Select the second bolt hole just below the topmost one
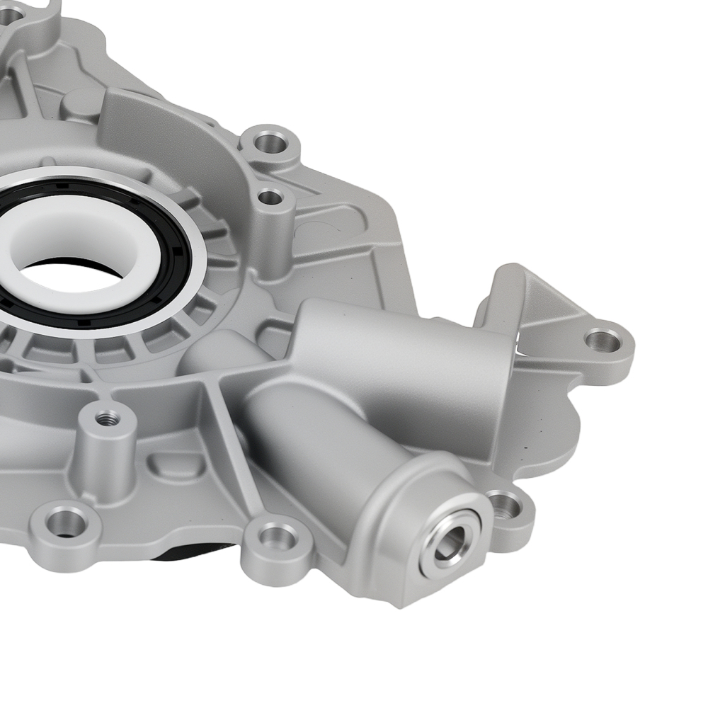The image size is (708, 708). pyautogui.click(x=269, y=197)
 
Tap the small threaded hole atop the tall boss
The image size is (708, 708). pyautogui.click(x=107, y=418)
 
